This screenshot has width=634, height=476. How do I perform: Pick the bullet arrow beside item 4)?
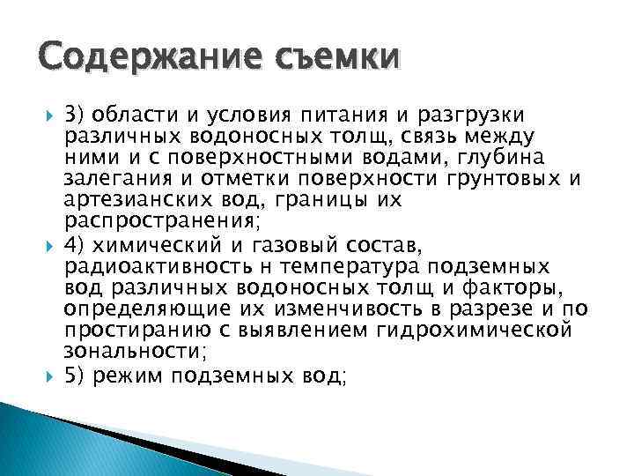tap(48, 244)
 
